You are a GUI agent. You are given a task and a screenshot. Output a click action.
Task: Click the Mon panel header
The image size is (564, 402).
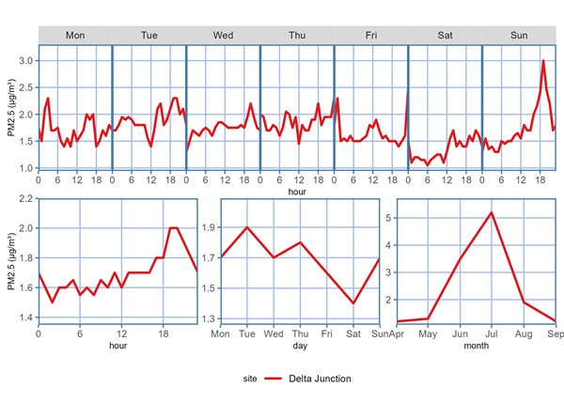tap(75, 35)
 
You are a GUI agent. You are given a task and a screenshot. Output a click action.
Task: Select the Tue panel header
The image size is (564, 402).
tap(149, 35)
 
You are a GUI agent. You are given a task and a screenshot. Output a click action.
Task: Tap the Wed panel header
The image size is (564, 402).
tap(223, 35)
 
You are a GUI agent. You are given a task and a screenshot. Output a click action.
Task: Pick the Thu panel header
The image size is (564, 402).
tap(297, 35)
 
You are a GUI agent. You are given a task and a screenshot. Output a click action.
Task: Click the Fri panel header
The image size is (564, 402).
tap(370, 35)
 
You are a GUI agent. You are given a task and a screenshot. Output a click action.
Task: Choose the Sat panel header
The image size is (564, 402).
tap(445, 35)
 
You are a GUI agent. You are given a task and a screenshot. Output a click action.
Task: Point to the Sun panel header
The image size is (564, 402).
tap(518, 35)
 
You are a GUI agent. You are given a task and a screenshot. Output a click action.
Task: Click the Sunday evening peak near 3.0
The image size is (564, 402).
tap(543, 61)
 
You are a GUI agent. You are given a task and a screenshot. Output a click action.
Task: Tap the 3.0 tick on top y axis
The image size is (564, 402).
tap(26, 61)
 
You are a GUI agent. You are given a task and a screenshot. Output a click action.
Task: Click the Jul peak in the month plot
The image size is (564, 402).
tap(491, 212)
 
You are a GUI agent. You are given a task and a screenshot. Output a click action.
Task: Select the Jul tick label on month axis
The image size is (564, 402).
tap(491, 333)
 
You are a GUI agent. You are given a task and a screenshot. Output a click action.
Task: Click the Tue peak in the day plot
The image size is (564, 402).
tap(246, 227)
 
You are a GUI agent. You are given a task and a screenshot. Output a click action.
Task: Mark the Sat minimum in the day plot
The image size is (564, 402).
tap(353, 303)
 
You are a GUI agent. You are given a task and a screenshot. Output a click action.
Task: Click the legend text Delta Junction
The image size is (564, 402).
tap(320, 379)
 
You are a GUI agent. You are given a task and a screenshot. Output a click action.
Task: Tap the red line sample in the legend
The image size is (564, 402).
tap(273, 379)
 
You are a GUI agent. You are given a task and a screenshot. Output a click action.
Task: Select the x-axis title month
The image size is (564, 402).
tap(476, 346)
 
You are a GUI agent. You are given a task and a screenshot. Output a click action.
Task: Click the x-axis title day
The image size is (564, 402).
tap(300, 346)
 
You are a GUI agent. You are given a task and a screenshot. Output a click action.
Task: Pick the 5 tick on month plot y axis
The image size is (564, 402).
tap(390, 218)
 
